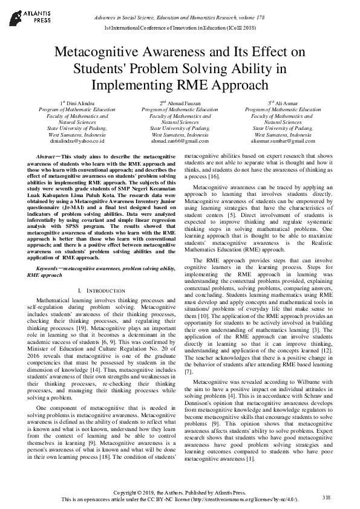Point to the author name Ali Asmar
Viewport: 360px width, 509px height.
coord(284,103)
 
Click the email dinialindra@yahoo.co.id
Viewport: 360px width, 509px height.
coord(77,141)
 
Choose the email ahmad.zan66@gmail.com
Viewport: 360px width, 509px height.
coord(180,141)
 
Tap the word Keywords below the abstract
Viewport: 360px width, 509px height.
coord(47,268)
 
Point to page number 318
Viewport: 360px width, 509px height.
coord(327,497)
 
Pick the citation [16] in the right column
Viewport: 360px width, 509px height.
coord(216,176)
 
